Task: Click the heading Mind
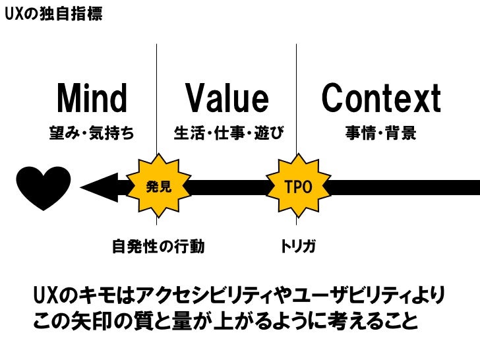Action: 92,100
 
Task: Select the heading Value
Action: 227,100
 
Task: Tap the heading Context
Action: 381,100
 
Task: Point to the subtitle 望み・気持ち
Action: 92,134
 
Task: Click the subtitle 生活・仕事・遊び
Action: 228,134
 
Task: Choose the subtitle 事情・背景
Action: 381,134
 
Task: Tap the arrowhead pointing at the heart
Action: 99,188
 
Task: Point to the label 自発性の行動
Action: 158,247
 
